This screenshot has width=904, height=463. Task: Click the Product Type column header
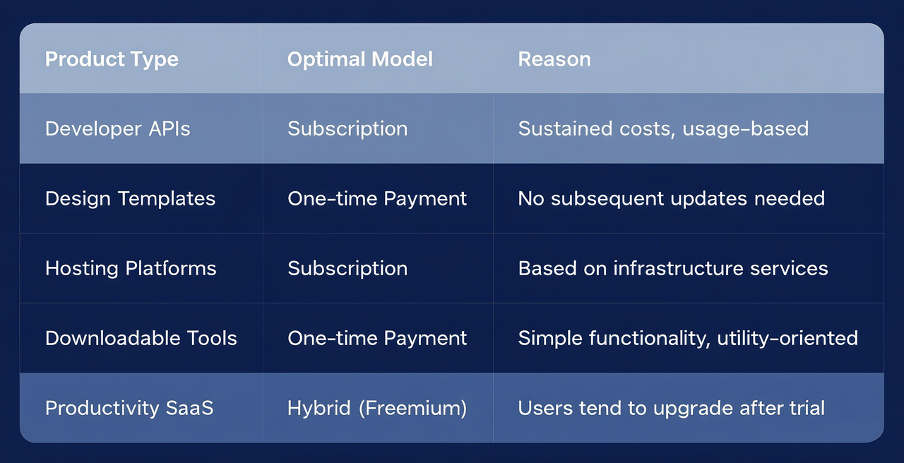click(x=112, y=59)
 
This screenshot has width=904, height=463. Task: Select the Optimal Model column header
click(x=359, y=59)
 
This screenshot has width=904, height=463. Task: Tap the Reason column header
click(x=554, y=59)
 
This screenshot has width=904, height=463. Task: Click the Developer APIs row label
click(x=117, y=128)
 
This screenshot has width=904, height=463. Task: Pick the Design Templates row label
click(x=130, y=198)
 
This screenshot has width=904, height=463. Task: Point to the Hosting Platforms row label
click(x=131, y=268)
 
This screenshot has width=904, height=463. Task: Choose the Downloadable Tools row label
click(x=141, y=338)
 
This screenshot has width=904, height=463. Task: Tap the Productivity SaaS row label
click(x=129, y=408)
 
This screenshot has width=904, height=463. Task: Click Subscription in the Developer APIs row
click(x=347, y=128)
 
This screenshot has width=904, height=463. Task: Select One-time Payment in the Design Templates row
click(x=377, y=198)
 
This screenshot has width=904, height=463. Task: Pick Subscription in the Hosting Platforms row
click(x=347, y=268)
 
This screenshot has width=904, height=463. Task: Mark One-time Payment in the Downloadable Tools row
click(x=377, y=338)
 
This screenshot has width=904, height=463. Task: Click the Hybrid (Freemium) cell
click(x=377, y=408)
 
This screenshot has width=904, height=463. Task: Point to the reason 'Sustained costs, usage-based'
click(x=663, y=128)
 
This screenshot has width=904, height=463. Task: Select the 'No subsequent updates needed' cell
click(x=671, y=198)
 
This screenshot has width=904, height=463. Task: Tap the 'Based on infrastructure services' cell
click(x=672, y=268)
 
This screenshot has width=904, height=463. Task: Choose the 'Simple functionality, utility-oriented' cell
click(x=688, y=338)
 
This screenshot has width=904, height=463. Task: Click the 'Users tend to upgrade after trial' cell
click(x=671, y=408)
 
